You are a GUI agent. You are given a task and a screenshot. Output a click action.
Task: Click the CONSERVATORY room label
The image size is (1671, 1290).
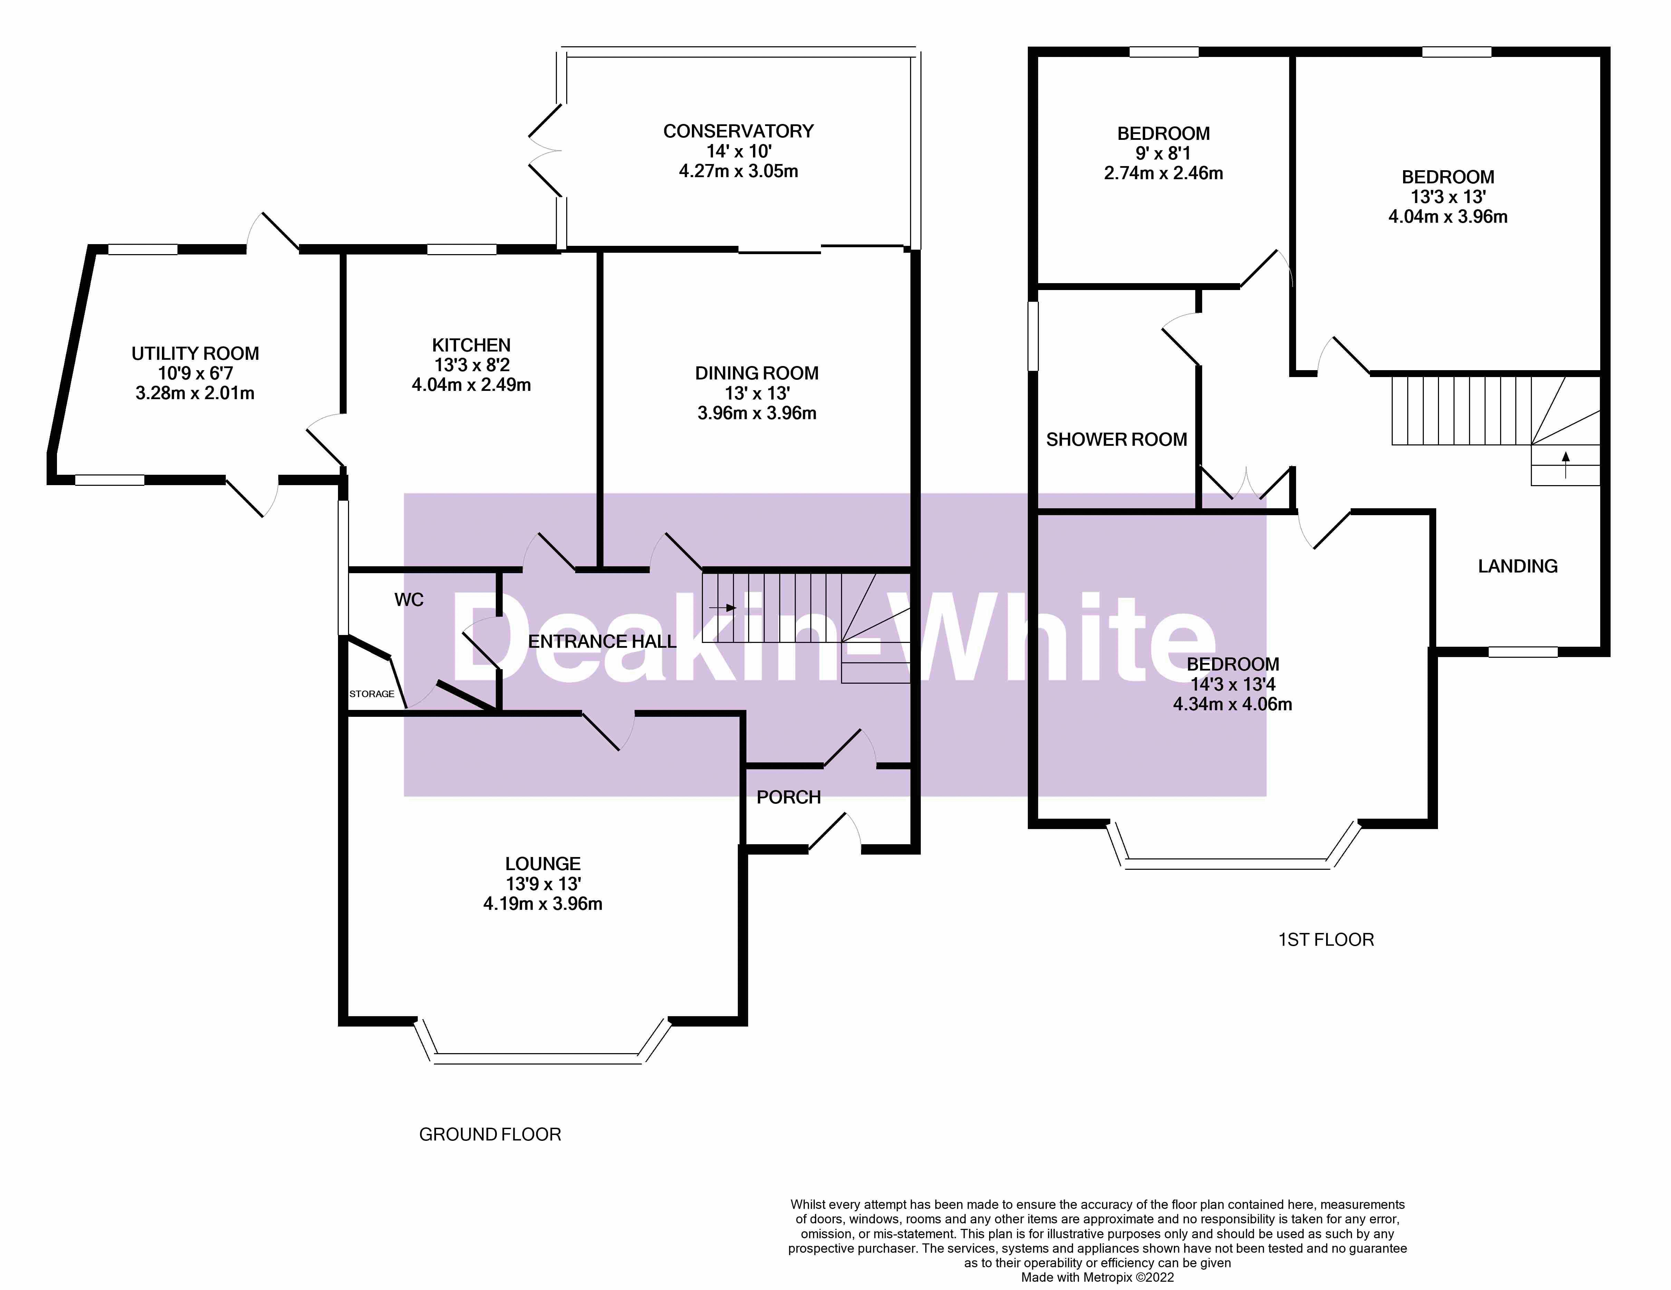(738, 132)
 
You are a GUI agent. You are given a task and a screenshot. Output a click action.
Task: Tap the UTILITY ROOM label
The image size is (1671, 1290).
(195, 354)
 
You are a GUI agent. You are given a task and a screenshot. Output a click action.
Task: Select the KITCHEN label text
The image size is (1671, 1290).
(471, 345)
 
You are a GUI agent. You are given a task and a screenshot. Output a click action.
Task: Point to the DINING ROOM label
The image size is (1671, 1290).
(757, 373)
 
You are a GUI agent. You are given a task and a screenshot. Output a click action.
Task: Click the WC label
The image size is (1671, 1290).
(408, 600)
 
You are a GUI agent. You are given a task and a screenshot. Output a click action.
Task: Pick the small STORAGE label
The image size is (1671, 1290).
(372, 694)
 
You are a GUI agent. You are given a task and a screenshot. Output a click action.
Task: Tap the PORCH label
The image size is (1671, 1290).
(788, 797)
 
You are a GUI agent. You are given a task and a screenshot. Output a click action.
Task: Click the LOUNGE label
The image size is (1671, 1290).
(542, 864)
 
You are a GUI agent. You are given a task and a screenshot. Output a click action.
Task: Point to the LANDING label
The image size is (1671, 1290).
(1517, 566)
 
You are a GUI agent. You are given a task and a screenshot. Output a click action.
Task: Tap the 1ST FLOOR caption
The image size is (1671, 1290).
(1326, 940)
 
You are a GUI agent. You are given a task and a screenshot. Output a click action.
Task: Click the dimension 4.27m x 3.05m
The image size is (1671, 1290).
(738, 171)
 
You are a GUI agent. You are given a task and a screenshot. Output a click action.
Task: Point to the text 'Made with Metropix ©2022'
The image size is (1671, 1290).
(1097, 1277)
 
